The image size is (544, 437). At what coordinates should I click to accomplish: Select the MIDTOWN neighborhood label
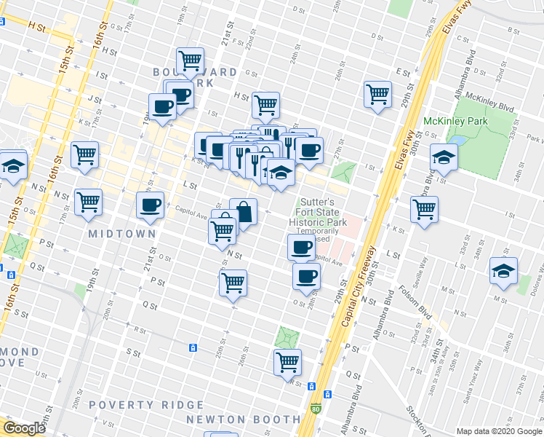(122, 234)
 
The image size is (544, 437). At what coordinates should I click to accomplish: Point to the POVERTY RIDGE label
(146, 405)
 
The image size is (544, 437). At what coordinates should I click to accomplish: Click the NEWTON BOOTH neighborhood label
(243, 420)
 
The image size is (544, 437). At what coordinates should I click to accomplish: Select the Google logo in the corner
(24, 428)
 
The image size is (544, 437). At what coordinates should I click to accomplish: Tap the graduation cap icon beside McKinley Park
(443, 157)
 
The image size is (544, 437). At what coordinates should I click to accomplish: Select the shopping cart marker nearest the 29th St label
(378, 94)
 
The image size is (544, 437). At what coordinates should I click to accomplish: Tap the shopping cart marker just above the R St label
(288, 361)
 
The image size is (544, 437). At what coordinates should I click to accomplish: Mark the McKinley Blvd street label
(490, 102)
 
